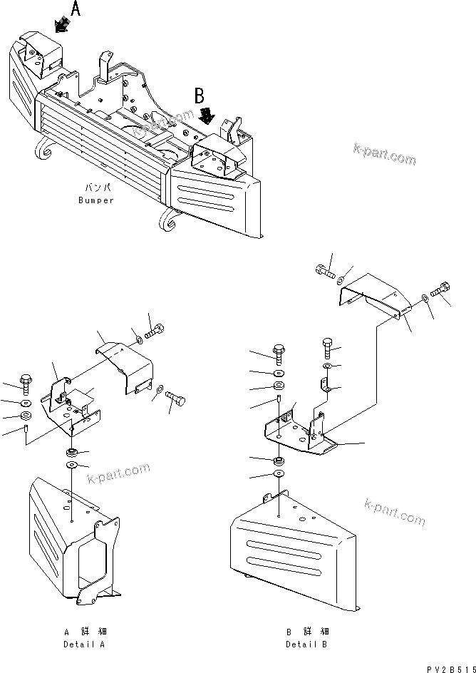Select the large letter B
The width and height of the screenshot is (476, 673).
[x=201, y=95]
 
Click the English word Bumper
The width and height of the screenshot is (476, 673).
[x=96, y=200]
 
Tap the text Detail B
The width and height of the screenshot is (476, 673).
[x=306, y=644]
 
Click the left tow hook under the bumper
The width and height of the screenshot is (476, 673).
[x=44, y=151]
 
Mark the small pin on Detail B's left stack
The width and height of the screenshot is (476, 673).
[x=281, y=401]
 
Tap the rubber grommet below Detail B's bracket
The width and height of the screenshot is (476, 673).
[x=279, y=461]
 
